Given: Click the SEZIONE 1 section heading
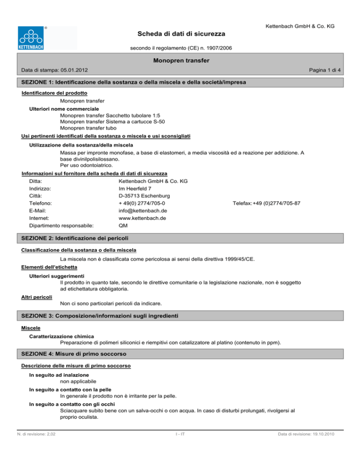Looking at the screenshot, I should point(135,82).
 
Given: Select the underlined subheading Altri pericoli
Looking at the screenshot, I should point(37,297).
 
